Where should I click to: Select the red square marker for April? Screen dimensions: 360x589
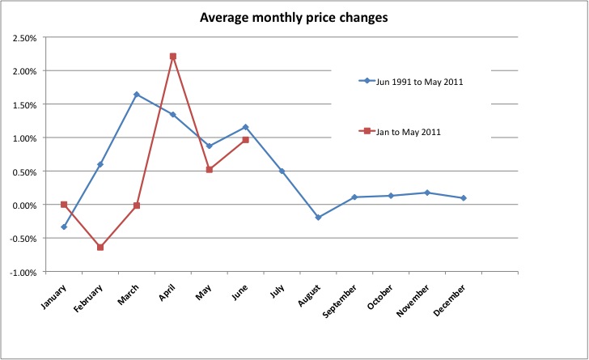172,57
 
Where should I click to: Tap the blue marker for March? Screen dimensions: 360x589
136,95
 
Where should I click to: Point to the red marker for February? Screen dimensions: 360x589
100,247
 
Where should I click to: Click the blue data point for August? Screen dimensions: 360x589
318,218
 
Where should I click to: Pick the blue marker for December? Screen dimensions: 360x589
463,198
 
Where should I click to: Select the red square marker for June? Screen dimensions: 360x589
245,140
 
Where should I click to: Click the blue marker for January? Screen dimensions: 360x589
63,227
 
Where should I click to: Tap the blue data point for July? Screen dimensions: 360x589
282,171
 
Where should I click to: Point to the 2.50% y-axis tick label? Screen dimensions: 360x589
23,37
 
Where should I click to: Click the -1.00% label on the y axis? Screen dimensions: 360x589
23,273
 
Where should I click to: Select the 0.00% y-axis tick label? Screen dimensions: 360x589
23,205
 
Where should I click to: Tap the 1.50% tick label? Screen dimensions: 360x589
23,104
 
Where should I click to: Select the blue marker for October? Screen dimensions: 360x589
390,196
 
